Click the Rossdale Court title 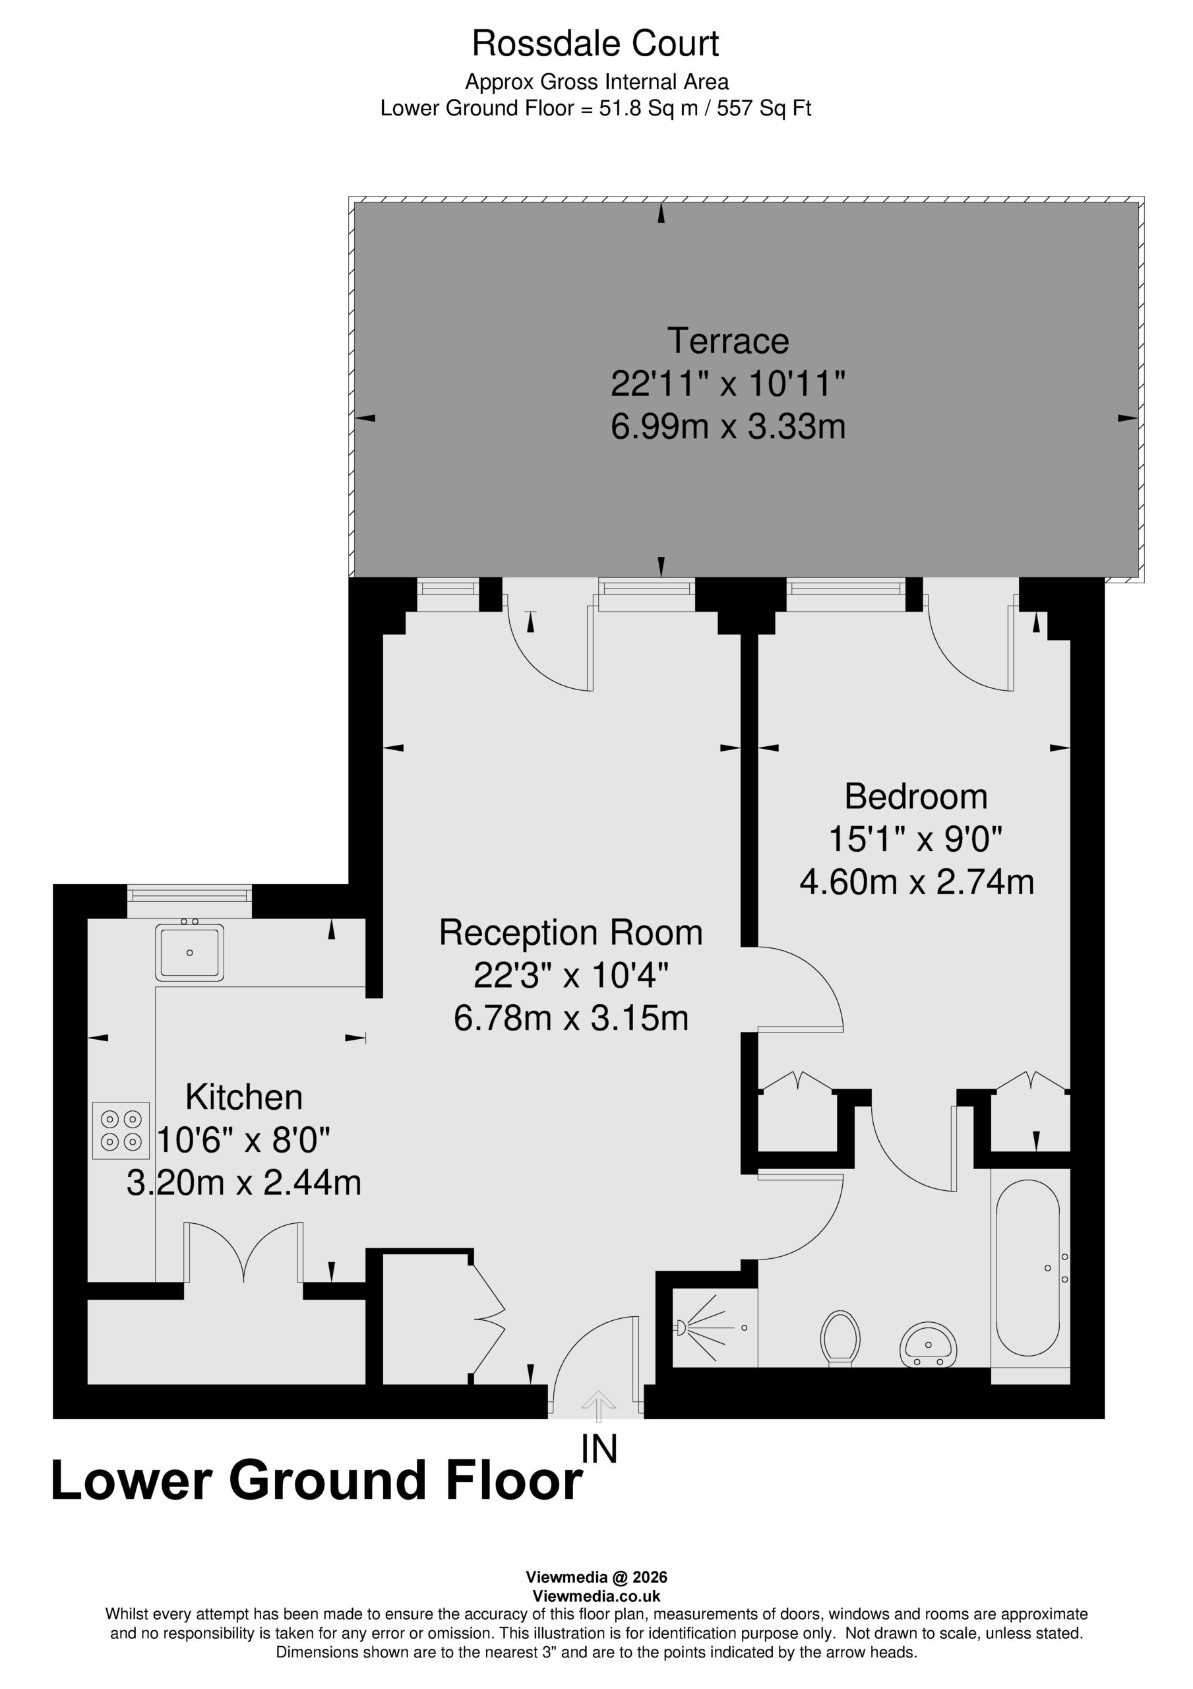coord(595,44)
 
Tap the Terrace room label coord(728,340)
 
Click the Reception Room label coord(570,932)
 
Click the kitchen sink coord(190,952)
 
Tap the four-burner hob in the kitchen coord(121,1131)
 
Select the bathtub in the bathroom coord(1028,1267)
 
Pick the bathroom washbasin coord(929,1345)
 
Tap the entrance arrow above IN coord(599,1406)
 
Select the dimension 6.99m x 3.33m coord(728,427)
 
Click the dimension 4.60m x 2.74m coord(917,882)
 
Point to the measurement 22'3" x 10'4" coord(570,975)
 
